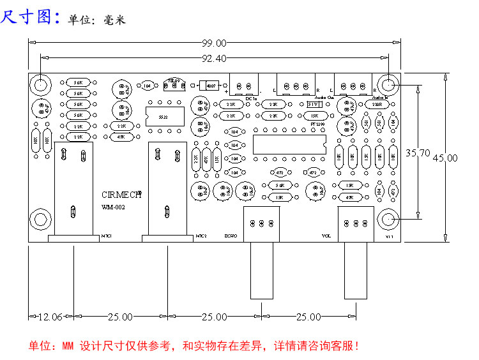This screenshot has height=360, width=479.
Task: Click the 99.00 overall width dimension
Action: pos(215,43)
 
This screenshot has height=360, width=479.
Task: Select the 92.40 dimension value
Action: pos(215,59)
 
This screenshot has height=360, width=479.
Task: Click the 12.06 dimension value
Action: pos(50,317)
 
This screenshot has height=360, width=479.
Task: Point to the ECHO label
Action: pos(231,237)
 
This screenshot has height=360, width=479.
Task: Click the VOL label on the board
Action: pos(326,237)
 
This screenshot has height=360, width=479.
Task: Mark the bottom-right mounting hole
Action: pos(388,220)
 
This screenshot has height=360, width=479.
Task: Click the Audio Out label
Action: pos(325,98)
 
